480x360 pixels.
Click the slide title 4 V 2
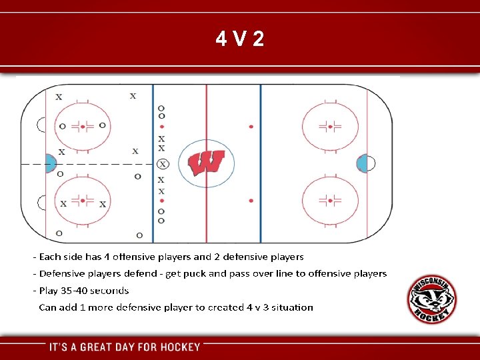pyautogui.click(x=240, y=39)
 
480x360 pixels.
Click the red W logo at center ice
pyautogui.click(x=207, y=163)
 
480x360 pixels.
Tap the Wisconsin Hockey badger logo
pyautogui.click(x=432, y=299)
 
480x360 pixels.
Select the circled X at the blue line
pyautogui.click(x=162, y=164)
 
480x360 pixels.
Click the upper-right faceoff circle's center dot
pyautogui.click(x=330, y=126)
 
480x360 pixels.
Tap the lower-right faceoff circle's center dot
pyautogui.click(x=330, y=200)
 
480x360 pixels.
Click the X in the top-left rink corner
pyautogui.click(x=59, y=97)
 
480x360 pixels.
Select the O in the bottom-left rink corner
pyautogui.click(x=59, y=233)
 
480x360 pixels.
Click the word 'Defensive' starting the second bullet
pyautogui.click(x=62, y=273)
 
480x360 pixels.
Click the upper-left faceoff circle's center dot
pyautogui.click(x=83, y=126)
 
